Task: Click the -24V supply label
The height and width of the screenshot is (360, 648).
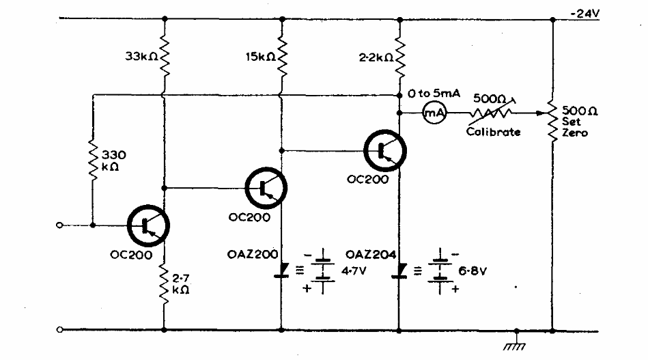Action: click(584, 12)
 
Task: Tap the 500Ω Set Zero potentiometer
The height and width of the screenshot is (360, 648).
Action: click(551, 121)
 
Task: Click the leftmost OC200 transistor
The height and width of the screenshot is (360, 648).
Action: click(148, 225)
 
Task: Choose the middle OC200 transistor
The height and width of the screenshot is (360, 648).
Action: click(266, 187)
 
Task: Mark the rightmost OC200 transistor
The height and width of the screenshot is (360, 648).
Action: click(385, 150)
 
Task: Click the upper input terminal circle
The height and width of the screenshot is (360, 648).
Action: click(61, 225)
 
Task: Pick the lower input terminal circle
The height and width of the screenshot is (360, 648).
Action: click(61, 330)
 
